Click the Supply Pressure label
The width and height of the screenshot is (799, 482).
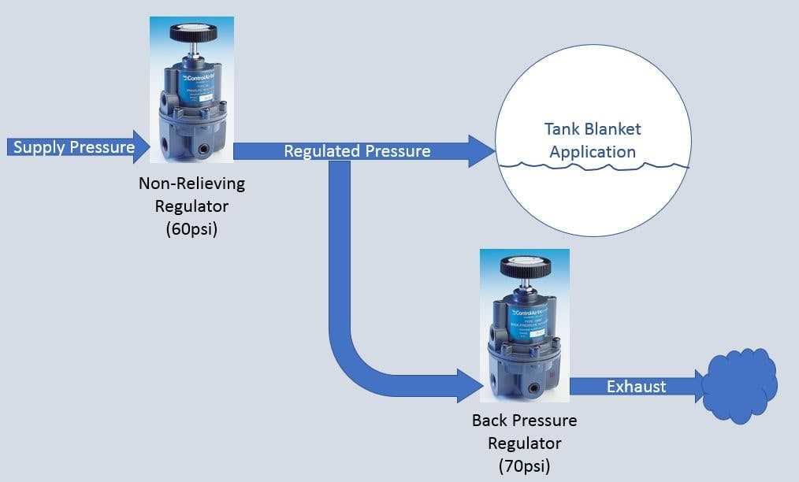[x=73, y=146]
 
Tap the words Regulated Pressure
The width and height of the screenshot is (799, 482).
[x=357, y=151]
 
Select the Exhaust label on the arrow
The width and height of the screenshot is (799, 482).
[x=636, y=386]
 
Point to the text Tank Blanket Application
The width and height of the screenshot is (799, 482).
[x=593, y=140]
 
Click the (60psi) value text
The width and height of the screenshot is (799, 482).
[x=191, y=230]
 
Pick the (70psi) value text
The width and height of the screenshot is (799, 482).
[x=524, y=465]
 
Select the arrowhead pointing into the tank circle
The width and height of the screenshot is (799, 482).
[x=480, y=150]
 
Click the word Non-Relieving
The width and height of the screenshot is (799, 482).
[x=191, y=184]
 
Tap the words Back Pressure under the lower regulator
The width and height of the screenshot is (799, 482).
[x=524, y=420]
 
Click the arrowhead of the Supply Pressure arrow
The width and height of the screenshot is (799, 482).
[x=143, y=146]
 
